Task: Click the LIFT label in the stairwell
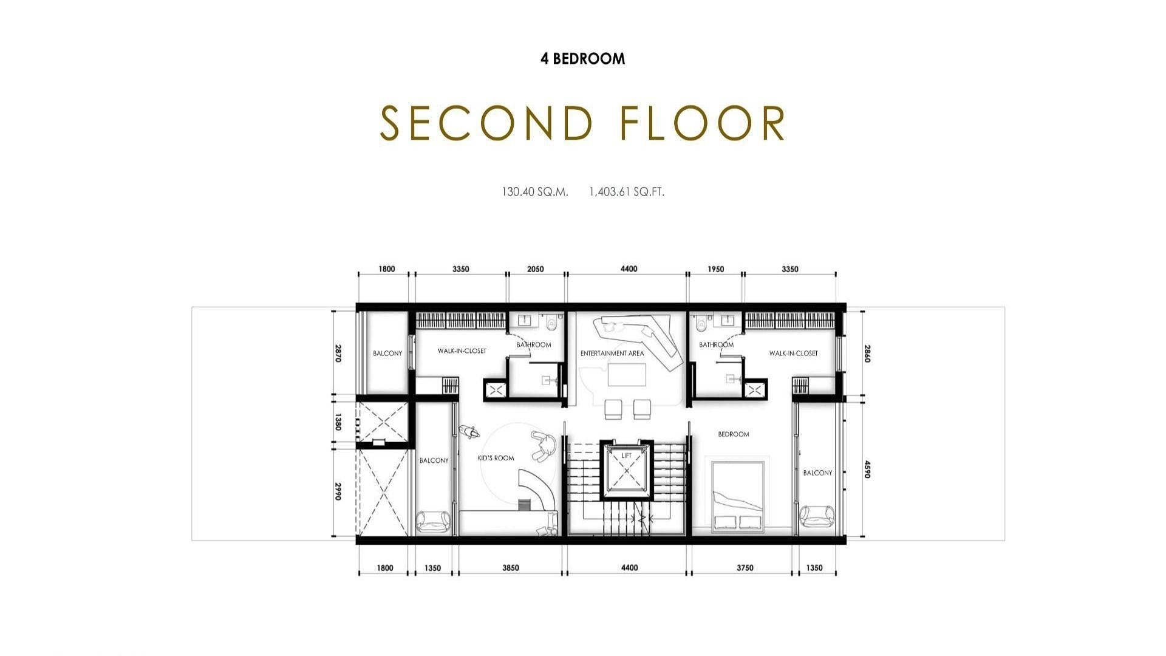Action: coord(627,456)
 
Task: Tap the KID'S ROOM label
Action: coord(496,458)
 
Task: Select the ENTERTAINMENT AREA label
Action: coord(612,354)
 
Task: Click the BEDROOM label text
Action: coord(734,434)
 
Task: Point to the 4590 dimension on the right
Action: coord(867,470)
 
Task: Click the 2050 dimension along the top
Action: coord(536,269)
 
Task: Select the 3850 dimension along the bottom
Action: coord(511,568)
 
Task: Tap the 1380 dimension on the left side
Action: coord(338,422)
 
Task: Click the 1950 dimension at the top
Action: coord(716,269)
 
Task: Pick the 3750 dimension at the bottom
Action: coord(745,568)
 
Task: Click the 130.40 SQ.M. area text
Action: coord(535,192)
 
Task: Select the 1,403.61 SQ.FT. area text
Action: coord(627,192)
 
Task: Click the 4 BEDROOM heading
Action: coord(583,59)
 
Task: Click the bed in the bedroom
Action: coord(738,494)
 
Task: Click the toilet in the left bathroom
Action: coord(551,321)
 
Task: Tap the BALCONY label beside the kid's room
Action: coord(434,460)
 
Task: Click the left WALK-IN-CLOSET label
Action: coord(462,351)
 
